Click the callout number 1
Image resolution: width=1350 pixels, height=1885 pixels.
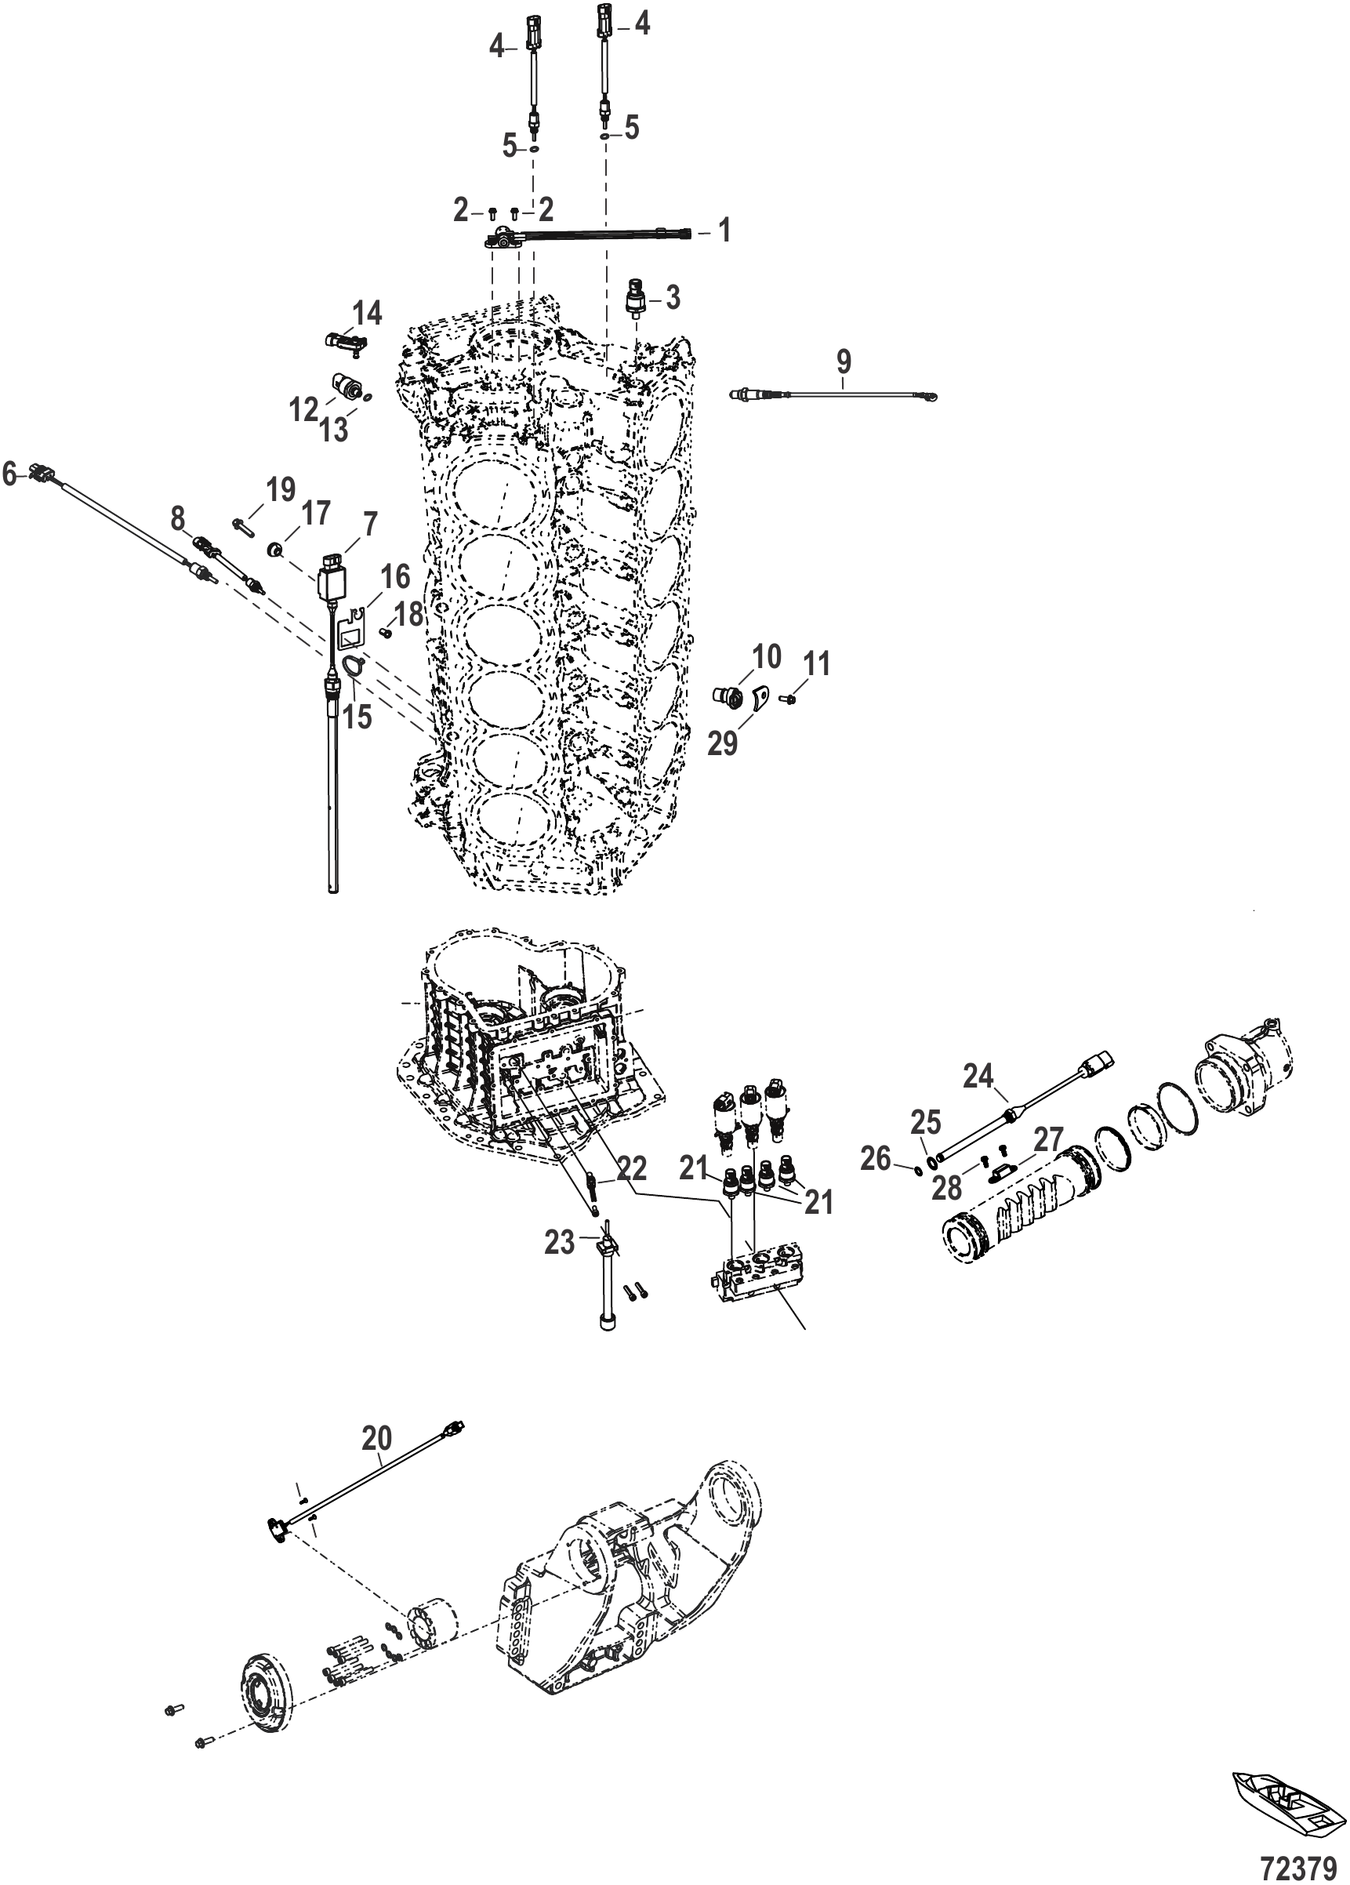pyautogui.click(x=724, y=231)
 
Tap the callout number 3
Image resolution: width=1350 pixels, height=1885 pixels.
pyautogui.click(x=672, y=296)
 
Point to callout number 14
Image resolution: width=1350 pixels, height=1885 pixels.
pyautogui.click(x=366, y=314)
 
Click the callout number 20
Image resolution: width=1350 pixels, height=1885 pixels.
pyautogui.click(x=377, y=1437)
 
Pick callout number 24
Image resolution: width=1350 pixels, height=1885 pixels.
pyautogui.click(x=978, y=1077)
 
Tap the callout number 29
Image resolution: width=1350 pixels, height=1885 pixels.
pyautogui.click(x=722, y=744)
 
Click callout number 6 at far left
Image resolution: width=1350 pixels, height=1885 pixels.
pyautogui.click(x=10, y=474)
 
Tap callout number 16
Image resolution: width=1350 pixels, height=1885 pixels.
pyautogui.click(x=394, y=576)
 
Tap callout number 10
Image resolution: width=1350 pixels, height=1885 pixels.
pyautogui.click(x=766, y=656)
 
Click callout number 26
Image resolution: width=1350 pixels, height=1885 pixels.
pyautogui.click(x=876, y=1159)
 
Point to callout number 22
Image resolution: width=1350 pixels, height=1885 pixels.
pyautogui.click(x=632, y=1169)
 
